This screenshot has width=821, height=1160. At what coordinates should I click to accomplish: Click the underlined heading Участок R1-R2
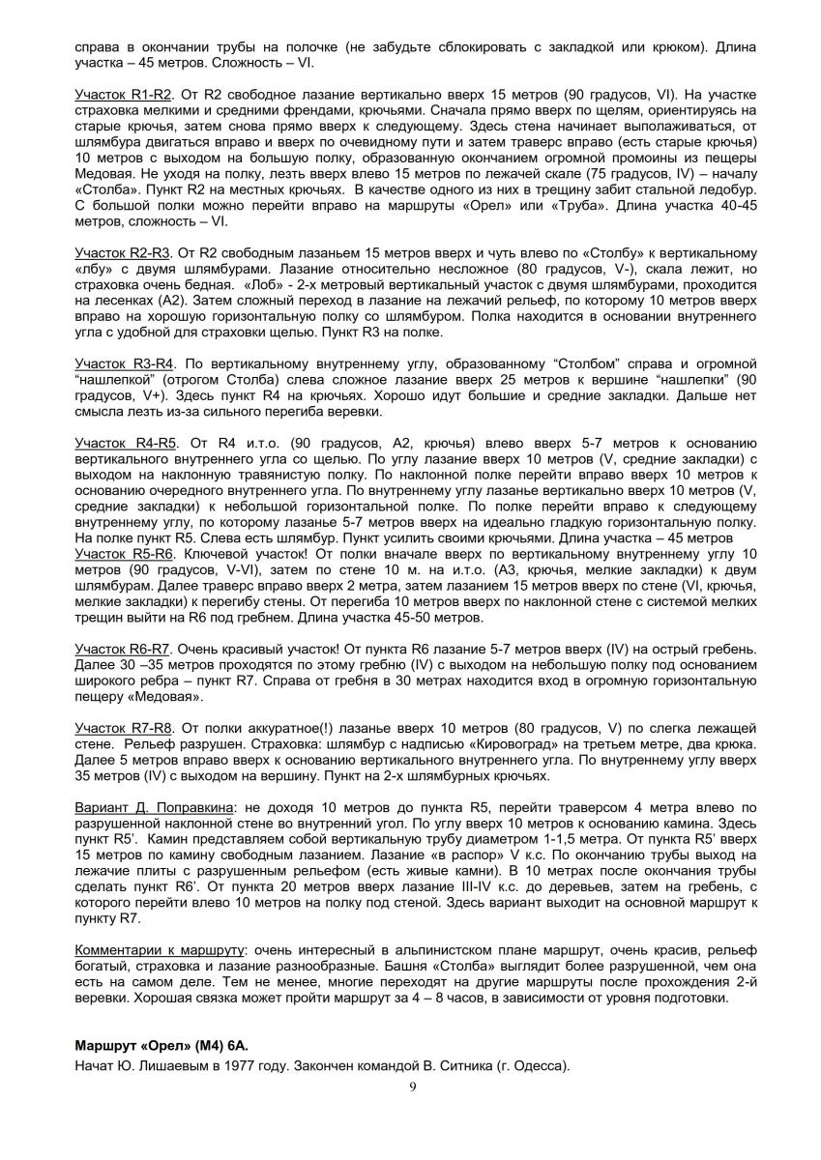(x=123, y=95)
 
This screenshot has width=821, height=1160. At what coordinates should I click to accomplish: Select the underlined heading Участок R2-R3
(x=123, y=252)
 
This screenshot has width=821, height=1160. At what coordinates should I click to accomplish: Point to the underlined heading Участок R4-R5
(x=123, y=442)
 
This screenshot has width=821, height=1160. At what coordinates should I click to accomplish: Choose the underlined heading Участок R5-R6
(x=123, y=553)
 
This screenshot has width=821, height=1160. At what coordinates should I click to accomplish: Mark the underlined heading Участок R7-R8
(x=123, y=726)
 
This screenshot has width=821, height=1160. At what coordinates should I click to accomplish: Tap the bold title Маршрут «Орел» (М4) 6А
(x=162, y=1047)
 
